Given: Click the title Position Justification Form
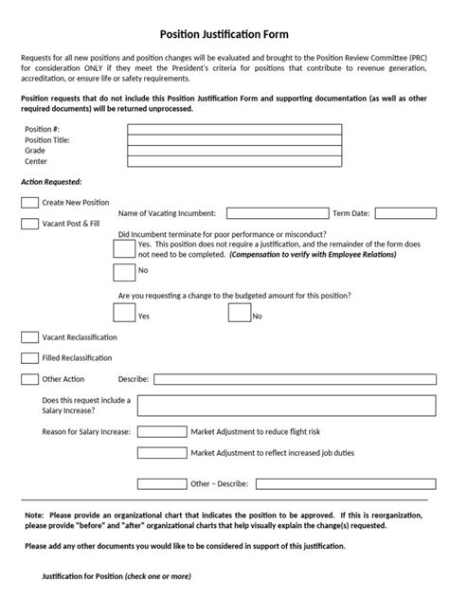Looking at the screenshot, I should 224,33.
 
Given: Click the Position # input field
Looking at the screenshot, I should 234,129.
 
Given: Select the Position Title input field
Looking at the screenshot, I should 234,139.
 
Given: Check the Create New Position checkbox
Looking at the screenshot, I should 29,202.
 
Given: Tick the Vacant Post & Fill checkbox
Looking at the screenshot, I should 29,224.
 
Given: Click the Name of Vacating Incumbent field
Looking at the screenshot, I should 277,213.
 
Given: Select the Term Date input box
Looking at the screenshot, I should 404,213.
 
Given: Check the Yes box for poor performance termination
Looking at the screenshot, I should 123,248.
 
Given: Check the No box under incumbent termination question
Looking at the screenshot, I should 123,273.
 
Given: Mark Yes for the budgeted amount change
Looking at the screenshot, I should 123,311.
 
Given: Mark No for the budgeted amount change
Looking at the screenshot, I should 239,311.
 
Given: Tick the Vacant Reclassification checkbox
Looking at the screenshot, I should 29,336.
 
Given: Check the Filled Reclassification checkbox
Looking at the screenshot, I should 29,357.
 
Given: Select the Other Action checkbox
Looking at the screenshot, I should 29,379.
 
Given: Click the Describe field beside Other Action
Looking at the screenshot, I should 293,379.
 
